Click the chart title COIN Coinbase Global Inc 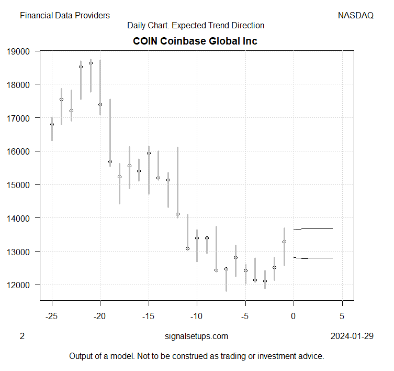click(x=196, y=41)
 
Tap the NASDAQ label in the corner click(x=356, y=16)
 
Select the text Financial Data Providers click(x=65, y=16)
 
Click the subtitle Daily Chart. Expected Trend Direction click(x=196, y=25)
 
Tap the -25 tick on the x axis click(x=52, y=317)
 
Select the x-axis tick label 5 click(x=342, y=317)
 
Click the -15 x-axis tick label click(x=149, y=317)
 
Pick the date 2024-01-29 click(x=352, y=336)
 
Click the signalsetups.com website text click(x=196, y=336)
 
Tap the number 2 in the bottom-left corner click(x=22, y=336)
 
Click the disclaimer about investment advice click(x=197, y=356)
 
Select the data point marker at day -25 click(x=52, y=124)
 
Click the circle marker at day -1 click(x=284, y=242)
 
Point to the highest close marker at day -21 click(x=91, y=63)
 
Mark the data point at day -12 click(x=178, y=214)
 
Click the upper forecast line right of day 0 click(x=314, y=229)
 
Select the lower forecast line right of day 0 click(x=314, y=258)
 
